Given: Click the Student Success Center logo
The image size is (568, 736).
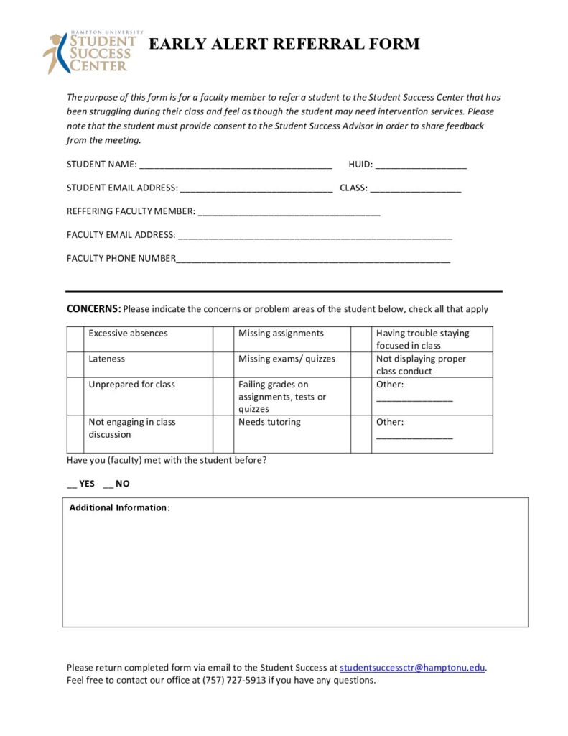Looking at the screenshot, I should tap(90, 52).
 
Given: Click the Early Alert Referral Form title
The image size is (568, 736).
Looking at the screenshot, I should tap(284, 44).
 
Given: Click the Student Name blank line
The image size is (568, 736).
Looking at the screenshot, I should tap(236, 165).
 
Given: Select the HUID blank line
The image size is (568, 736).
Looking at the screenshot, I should tap(421, 165).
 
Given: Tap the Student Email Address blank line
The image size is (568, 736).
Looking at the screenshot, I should tap(256, 189).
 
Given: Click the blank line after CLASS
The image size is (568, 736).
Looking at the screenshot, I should tap(416, 189).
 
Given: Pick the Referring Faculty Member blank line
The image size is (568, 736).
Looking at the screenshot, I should tap(289, 212).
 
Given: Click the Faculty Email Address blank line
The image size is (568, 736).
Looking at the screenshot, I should tap(315, 236).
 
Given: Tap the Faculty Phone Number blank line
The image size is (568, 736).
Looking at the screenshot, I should tap(313, 259).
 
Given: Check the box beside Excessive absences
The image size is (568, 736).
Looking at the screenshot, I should tap(75, 339).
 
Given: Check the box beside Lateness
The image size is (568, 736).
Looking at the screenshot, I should tap(75, 364).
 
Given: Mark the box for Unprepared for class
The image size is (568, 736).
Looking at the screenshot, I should tap(75, 396).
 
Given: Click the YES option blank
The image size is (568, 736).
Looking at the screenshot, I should tap(72, 484).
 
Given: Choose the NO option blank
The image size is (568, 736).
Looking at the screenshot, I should tap(108, 484).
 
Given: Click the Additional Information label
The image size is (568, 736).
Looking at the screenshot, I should tap(118, 508).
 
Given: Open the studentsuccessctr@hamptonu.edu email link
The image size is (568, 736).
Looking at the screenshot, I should tap(413, 668).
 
